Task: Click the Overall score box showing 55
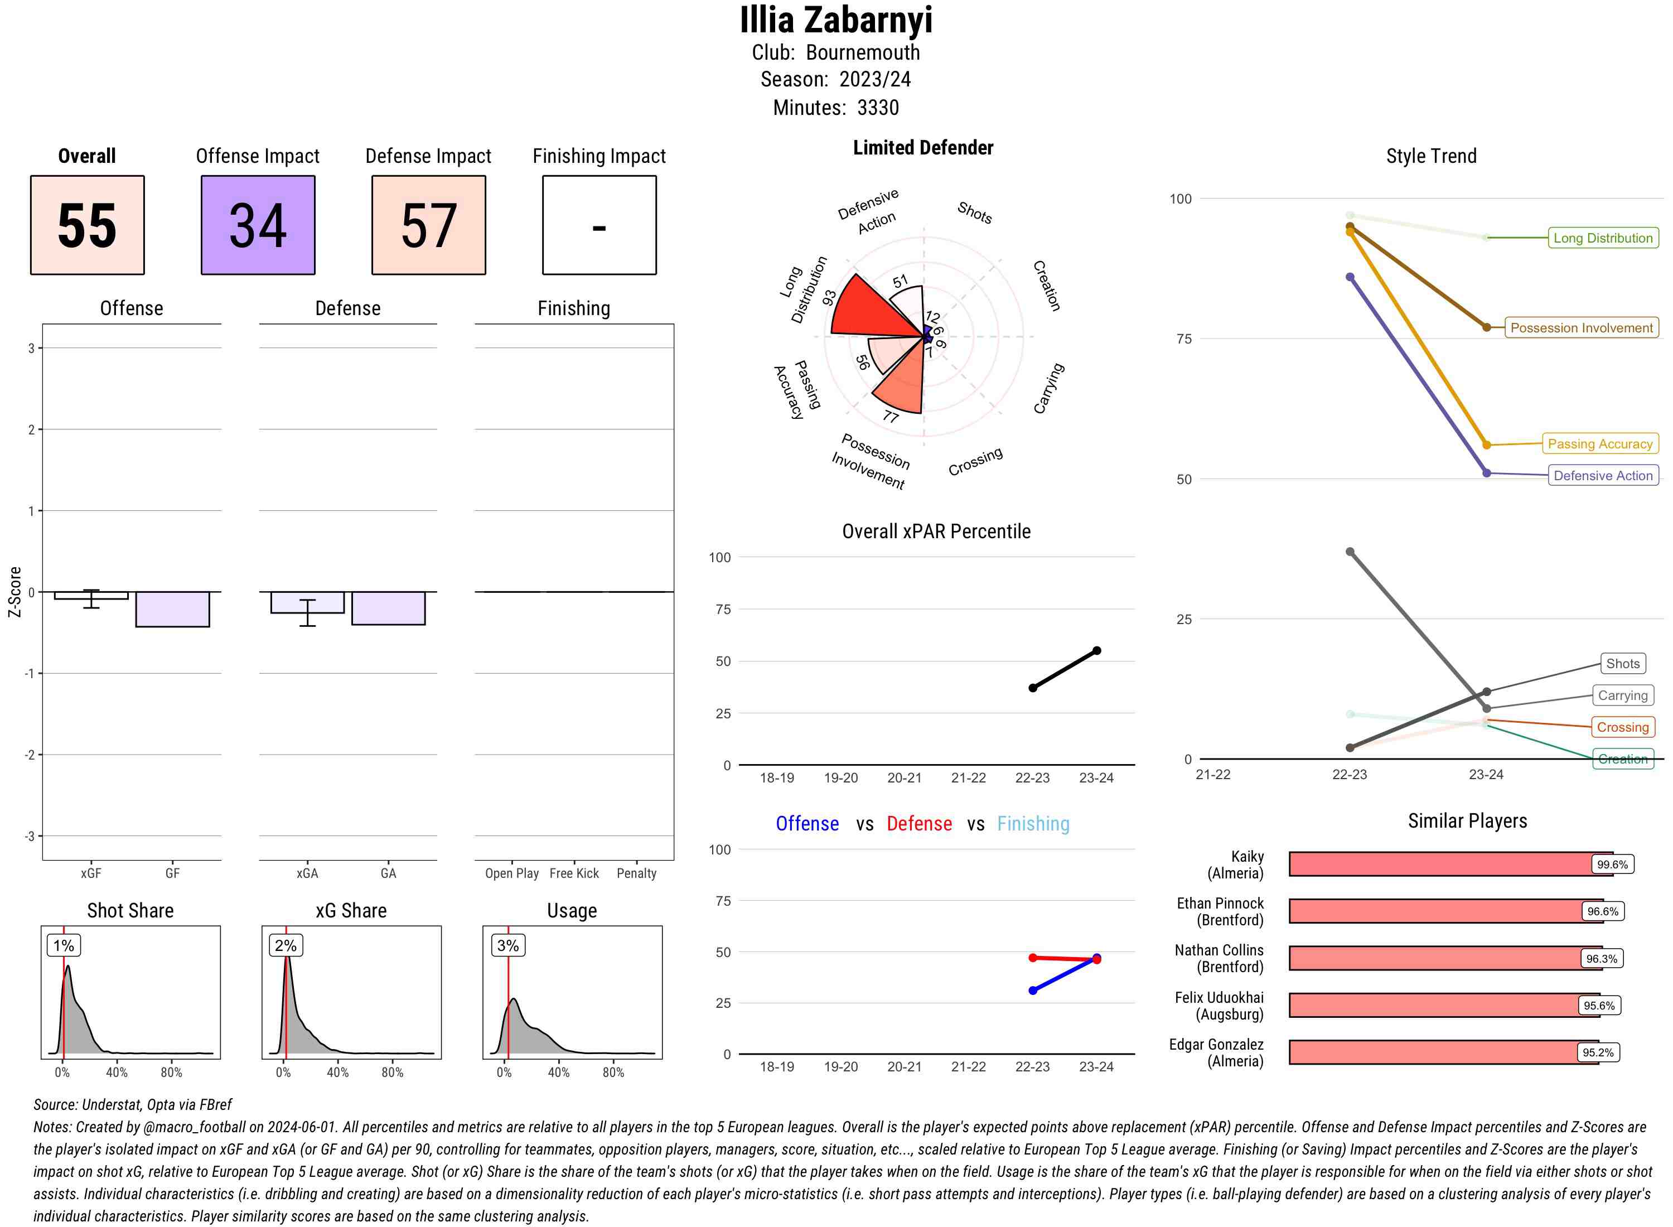coord(87,225)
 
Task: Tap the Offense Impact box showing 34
coord(258,225)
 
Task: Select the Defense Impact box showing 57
coord(428,225)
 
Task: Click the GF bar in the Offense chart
coord(172,609)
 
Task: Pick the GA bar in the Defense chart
coord(388,608)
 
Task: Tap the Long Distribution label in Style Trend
coord(1603,238)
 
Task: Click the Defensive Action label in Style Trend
coord(1603,475)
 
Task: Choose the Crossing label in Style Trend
coord(1622,727)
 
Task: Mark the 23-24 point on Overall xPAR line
coord(1096,651)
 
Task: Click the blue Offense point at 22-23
coord(1032,990)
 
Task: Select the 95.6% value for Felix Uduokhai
coord(1598,1006)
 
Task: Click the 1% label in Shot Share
coord(64,945)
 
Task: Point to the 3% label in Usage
coord(508,945)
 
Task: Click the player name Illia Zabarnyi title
coord(836,20)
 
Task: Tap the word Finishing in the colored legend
coord(1032,824)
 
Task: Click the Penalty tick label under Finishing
coord(636,873)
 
